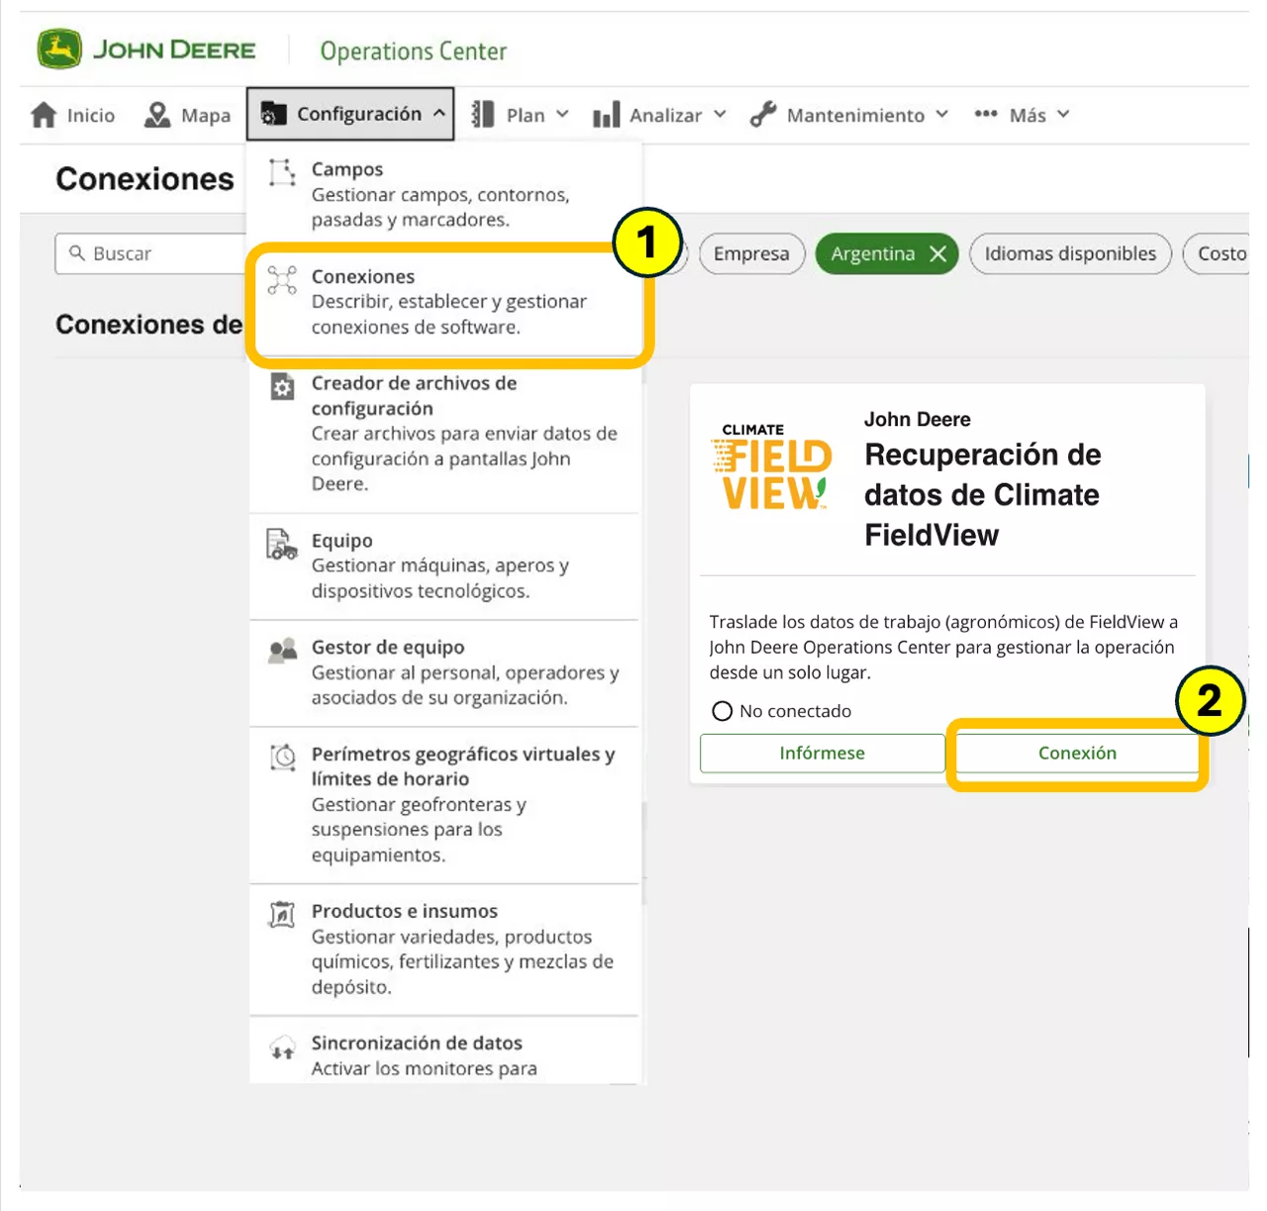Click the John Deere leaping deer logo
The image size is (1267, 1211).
[59, 49]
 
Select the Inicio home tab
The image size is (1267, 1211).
[72, 115]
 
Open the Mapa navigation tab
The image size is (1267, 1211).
[187, 115]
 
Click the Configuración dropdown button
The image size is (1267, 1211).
[350, 114]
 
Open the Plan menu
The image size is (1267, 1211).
[520, 115]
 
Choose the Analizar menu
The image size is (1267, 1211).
[659, 115]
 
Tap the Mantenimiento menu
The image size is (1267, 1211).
[847, 115]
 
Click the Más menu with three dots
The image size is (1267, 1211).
[1021, 115]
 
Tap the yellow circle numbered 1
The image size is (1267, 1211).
[646, 243]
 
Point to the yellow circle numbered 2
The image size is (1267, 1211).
[1209, 701]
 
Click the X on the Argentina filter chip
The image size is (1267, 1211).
[937, 253]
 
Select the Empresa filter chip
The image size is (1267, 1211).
[751, 253]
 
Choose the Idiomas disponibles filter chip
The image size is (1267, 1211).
[1070, 253]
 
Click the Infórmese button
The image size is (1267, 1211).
[822, 754]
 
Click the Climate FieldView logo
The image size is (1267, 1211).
[771, 466]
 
